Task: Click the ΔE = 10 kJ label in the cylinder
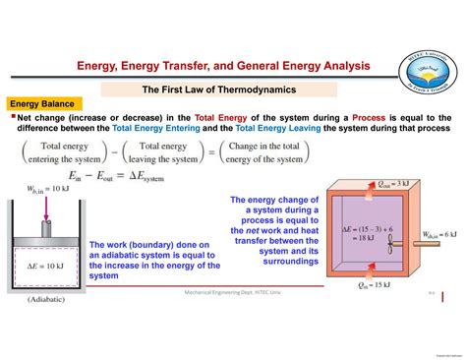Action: [40, 266]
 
